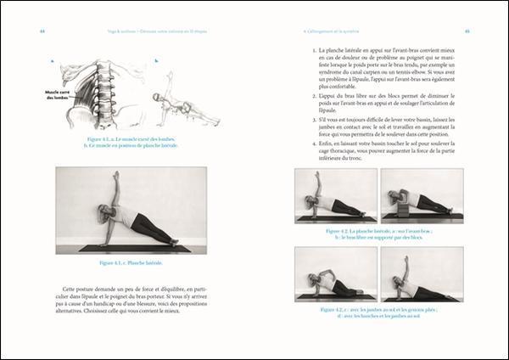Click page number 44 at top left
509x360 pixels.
point(42,33)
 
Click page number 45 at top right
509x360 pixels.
point(467,33)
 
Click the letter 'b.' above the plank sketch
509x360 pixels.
point(156,61)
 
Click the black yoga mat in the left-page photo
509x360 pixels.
point(136,248)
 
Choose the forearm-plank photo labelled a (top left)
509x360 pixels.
point(335,195)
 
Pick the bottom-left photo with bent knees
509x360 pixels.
point(335,274)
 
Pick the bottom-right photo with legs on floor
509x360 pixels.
point(422,274)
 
